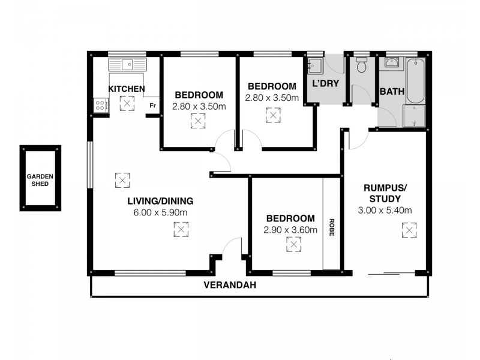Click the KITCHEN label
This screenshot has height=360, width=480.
coord(126,89)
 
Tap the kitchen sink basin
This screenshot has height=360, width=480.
coord(128,64)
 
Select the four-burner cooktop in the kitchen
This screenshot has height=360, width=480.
coord(101,106)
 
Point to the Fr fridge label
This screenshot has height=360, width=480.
coord(152,106)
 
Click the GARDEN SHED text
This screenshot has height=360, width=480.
coord(40,180)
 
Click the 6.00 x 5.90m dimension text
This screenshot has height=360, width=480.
coord(160,212)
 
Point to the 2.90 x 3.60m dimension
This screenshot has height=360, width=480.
coord(290,229)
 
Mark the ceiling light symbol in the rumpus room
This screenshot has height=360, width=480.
coord(409,230)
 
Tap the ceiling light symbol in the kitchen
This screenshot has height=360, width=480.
coord(127,103)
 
